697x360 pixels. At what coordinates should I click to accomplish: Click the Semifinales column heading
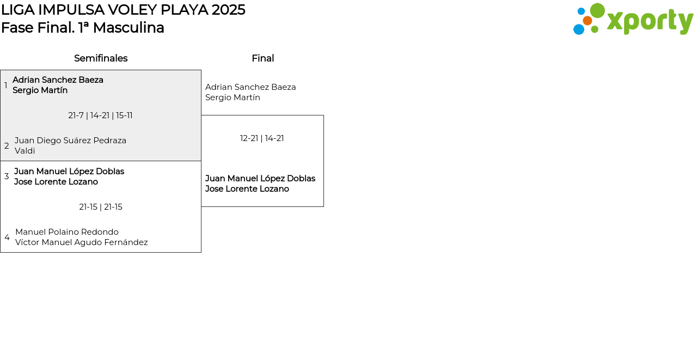pos(101,58)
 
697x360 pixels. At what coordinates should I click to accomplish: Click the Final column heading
pos(262,58)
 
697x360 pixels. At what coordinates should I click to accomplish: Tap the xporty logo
pos(633,20)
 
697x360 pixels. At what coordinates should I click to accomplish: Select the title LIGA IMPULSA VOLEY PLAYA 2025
pos(123,10)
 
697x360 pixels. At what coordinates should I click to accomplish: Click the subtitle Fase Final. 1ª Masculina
pos(83,28)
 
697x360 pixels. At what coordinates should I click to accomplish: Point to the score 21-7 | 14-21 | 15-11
pos(100,115)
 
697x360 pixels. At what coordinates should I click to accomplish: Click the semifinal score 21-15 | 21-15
pos(101,207)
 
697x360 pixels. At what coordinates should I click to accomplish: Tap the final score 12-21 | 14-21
pos(262,138)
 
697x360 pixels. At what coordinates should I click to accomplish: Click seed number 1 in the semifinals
pos(6,86)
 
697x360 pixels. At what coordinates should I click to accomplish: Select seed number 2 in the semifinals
pos(7,146)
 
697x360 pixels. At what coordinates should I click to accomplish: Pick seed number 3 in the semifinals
pos(7,176)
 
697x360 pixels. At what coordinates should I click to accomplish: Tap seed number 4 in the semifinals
pos(7,237)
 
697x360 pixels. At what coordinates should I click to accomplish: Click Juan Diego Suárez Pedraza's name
pos(70,141)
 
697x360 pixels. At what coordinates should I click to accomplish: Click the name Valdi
pos(25,151)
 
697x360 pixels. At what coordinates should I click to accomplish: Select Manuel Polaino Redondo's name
pos(67,232)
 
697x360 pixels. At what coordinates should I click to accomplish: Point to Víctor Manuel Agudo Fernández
pos(82,242)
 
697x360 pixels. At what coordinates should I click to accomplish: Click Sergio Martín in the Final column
pos(233,97)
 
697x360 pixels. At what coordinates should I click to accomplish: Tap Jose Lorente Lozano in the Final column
pos(247,189)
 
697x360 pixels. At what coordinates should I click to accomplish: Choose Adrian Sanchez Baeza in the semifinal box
pos(58,80)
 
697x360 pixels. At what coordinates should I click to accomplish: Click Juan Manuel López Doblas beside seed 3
pos(69,172)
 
